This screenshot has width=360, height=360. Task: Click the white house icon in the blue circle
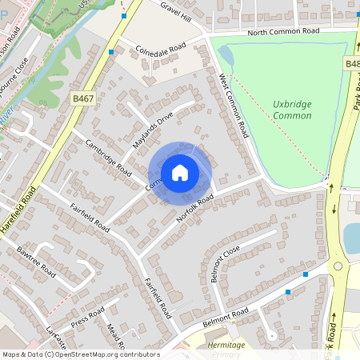[180, 172]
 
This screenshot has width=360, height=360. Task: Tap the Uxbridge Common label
[293, 110]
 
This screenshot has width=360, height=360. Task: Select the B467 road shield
[82, 98]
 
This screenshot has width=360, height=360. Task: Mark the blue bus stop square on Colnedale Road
[111, 51]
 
